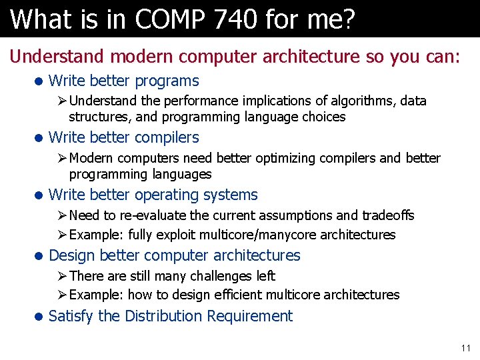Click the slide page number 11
tap(465, 348)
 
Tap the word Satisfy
tap(71, 316)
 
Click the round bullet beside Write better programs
tap(39, 81)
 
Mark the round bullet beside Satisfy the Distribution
tap(39, 317)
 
